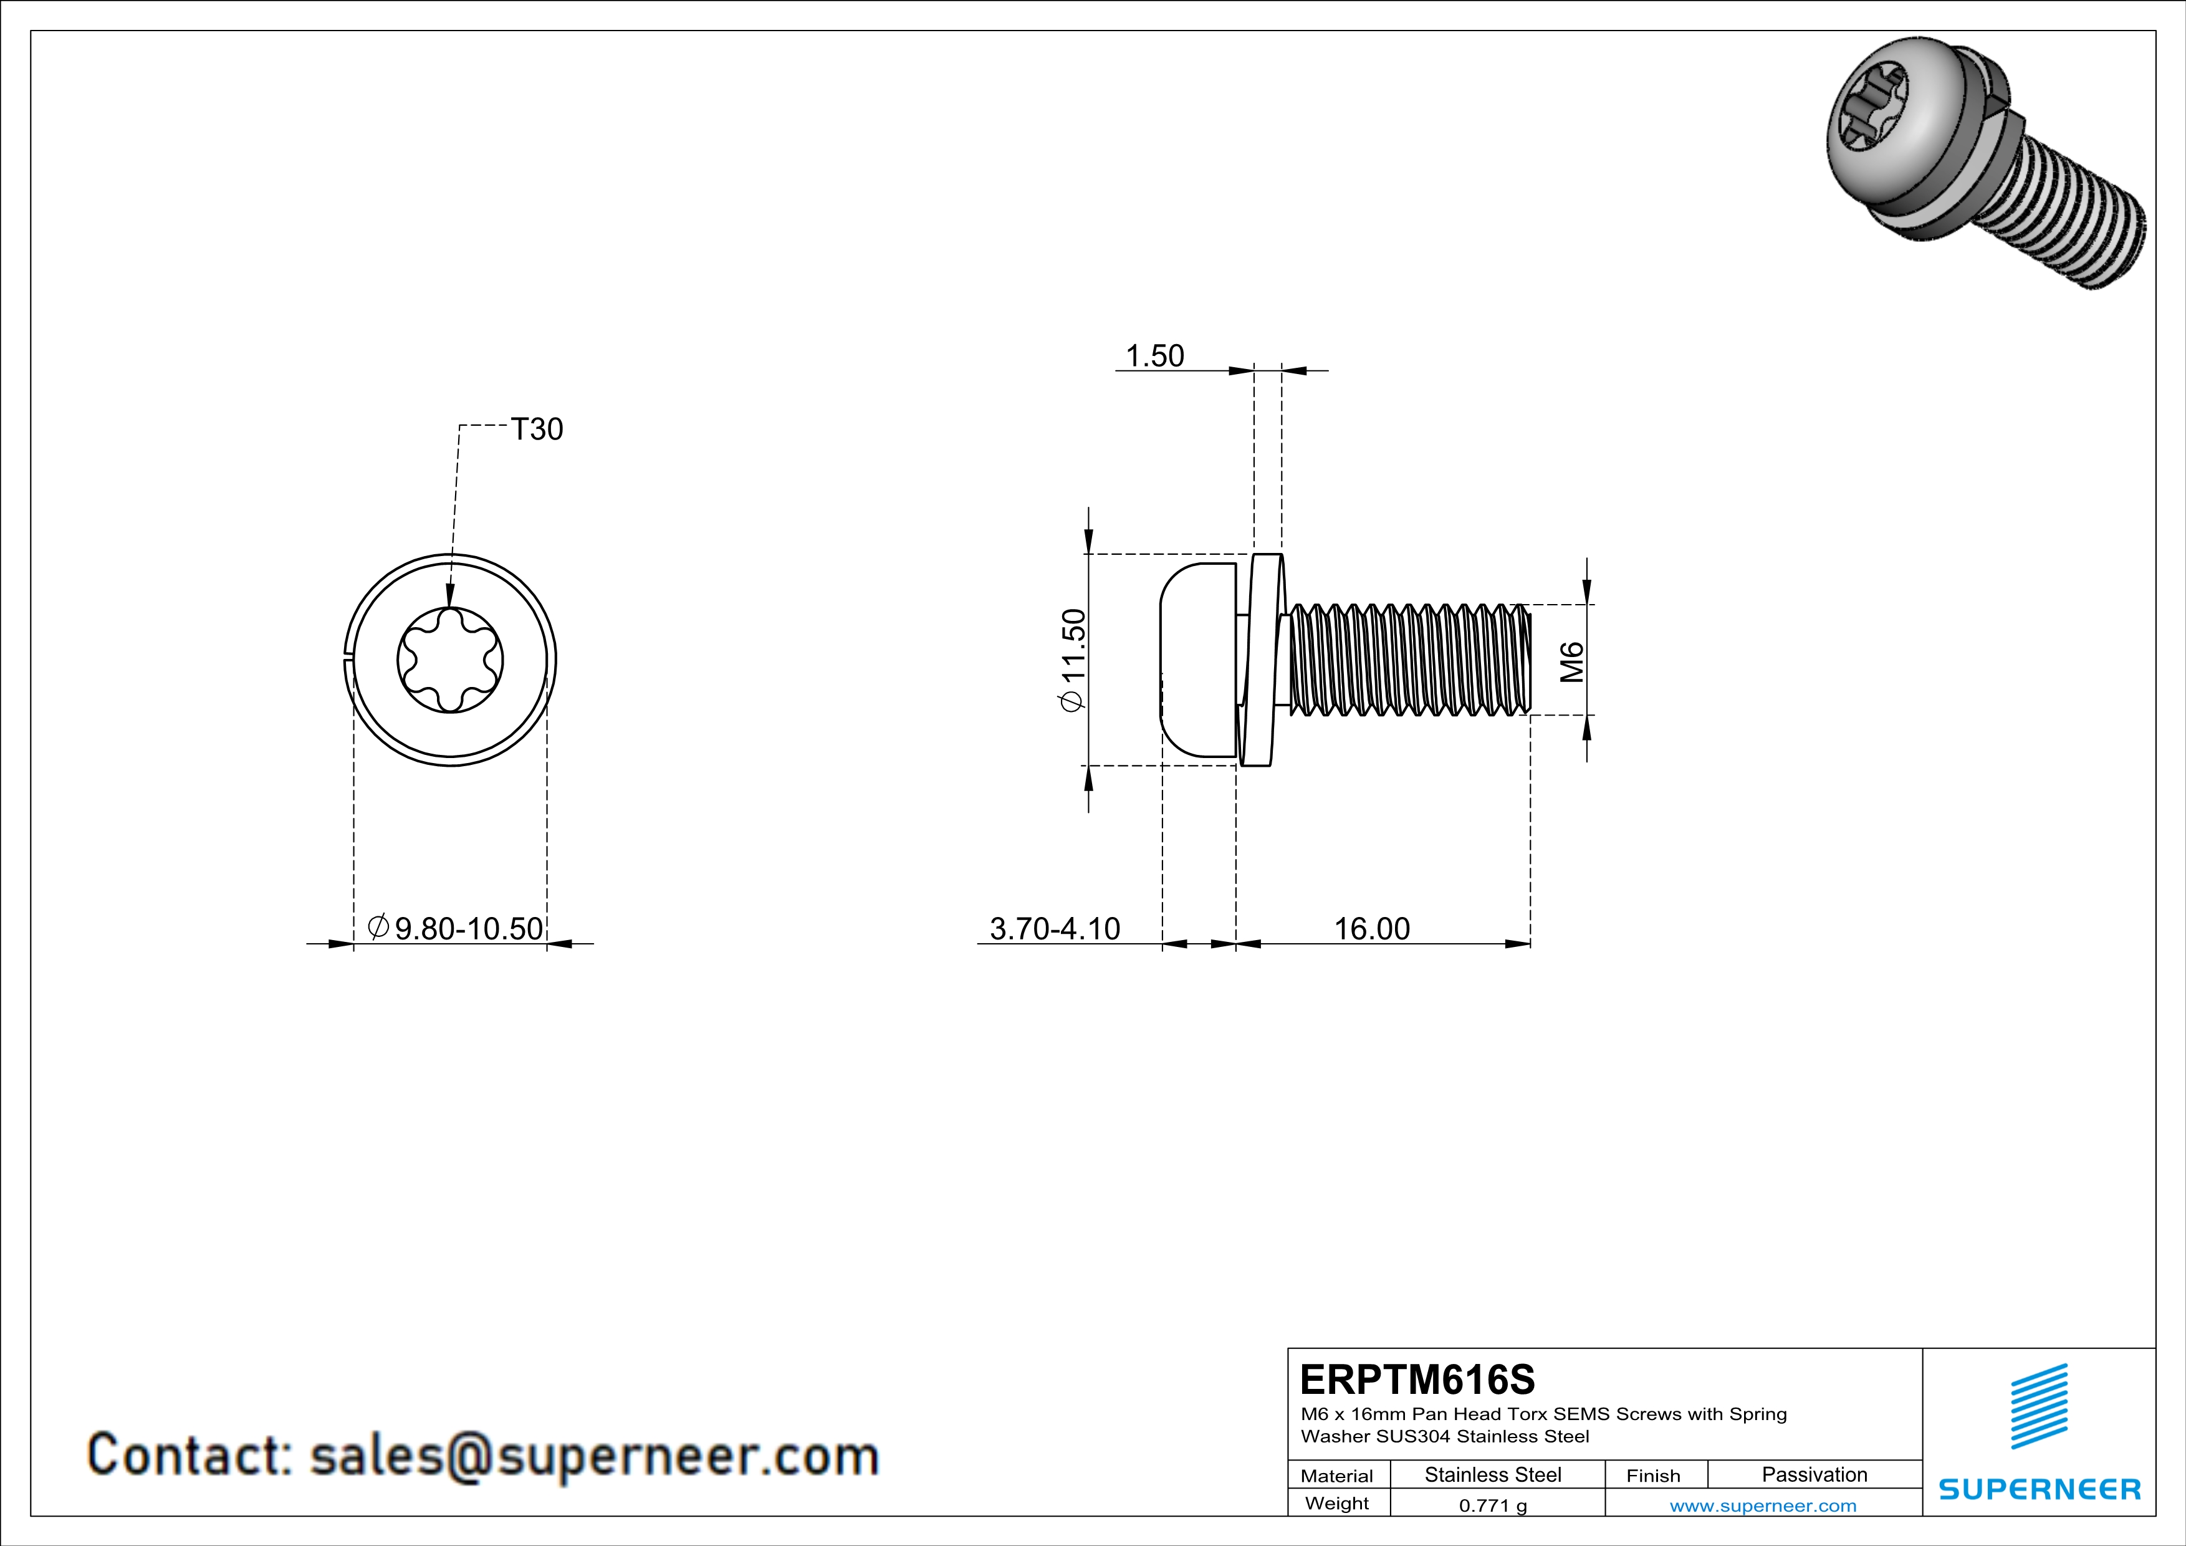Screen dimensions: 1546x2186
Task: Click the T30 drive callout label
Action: click(537, 430)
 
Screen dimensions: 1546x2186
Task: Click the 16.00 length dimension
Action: click(1371, 928)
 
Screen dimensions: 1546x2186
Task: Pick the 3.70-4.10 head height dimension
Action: click(1055, 928)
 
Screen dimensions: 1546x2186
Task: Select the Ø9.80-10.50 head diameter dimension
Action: click(456, 928)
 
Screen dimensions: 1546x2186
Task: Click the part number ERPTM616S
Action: click(1417, 1380)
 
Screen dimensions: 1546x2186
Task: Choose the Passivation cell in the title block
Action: click(1814, 1474)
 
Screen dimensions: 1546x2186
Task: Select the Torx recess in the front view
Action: click(450, 660)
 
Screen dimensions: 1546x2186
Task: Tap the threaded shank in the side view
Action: click(1409, 659)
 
